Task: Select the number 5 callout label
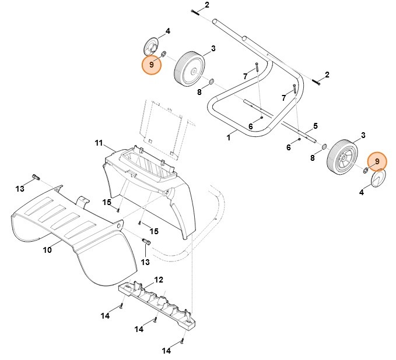coord(316,126)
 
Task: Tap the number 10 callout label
coord(47,250)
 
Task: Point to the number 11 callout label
coord(99,143)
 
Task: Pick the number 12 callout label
coord(159,280)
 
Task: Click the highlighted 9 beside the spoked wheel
coord(377,161)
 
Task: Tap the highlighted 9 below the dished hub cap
coord(152,65)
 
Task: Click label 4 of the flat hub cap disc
coord(362,193)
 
